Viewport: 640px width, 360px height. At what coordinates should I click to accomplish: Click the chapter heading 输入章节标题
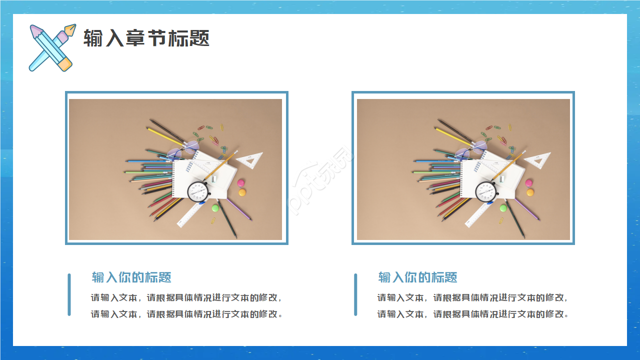pos(146,38)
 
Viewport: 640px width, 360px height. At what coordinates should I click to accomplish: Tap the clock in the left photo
pos(198,191)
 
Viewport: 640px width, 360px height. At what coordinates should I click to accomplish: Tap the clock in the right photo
pos(486,191)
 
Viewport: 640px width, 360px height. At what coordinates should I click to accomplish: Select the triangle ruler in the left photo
pos(249,160)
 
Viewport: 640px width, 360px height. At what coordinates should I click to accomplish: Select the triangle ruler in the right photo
pos(537,160)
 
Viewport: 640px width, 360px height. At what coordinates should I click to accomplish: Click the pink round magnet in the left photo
pos(241,183)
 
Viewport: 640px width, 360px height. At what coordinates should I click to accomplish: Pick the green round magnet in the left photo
pos(215,208)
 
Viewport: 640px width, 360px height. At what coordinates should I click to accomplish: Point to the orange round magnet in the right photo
pos(530,192)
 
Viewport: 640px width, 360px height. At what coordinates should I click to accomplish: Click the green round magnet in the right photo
pos(503,208)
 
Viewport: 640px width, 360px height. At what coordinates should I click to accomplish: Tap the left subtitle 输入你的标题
pos(131,277)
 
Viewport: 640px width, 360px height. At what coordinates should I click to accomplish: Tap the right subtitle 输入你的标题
pos(417,277)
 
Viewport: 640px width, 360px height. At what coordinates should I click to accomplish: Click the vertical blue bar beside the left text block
pos(69,294)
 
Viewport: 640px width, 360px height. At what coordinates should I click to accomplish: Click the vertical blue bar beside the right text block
pos(355,294)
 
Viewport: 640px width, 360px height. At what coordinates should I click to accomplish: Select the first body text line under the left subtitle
pos(186,297)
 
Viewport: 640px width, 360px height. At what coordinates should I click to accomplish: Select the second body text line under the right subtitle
pos(472,314)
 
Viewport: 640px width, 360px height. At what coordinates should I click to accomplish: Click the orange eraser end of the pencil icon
pos(65,64)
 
